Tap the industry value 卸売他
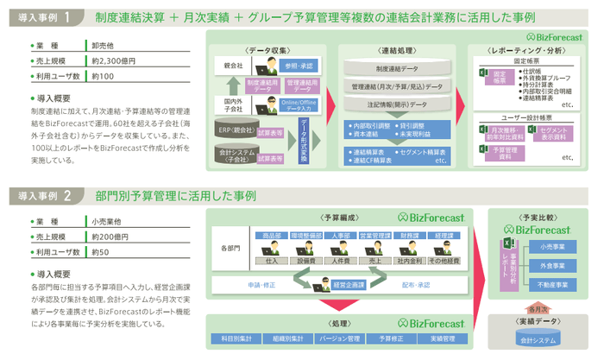click(103, 45)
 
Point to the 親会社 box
click(232, 66)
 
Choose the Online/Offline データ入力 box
click(300, 105)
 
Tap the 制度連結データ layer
click(396, 67)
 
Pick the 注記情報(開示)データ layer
click(396, 104)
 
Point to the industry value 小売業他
click(106, 219)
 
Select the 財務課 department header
click(410, 234)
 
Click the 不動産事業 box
click(551, 283)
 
